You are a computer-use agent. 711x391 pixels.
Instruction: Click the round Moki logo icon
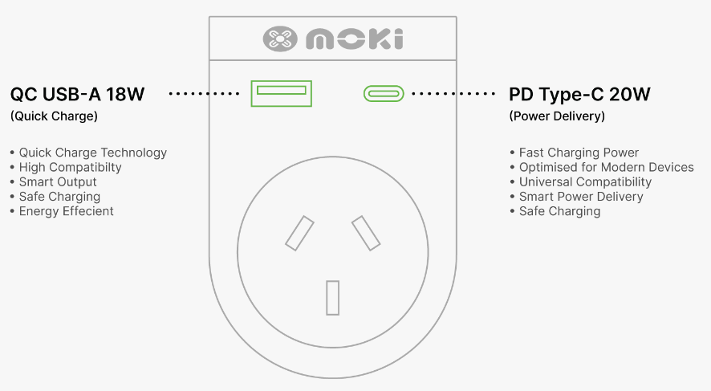point(280,39)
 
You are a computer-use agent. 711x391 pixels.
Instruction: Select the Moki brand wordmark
point(354,39)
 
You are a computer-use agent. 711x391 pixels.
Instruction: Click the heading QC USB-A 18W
point(77,95)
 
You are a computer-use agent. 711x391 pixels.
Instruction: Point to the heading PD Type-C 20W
point(579,95)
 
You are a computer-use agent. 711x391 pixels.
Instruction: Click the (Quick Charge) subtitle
point(54,116)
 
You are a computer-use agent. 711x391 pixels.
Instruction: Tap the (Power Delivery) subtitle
point(557,116)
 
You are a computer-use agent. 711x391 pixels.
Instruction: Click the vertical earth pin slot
point(333,298)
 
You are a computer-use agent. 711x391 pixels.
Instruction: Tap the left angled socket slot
point(299,233)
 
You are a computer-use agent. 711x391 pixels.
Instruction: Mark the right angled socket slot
point(366,233)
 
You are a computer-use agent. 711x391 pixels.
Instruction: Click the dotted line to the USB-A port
point(204,94)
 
